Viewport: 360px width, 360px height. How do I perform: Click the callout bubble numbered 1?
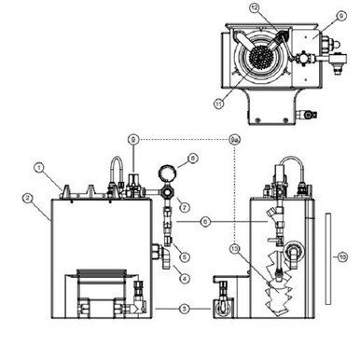tap(39, 168)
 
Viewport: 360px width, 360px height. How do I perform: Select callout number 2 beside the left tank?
tap(29, 198)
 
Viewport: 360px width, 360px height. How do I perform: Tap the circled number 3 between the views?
tap(184, 307)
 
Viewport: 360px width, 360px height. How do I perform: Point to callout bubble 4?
tap(185, 277)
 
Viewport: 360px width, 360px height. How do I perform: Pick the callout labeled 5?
tap(185, 256)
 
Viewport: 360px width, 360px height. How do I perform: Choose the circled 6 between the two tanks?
tap(204, 221)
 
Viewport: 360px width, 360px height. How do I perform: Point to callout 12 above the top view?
tap(253, 7)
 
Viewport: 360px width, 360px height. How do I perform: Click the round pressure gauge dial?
tap(165, 174)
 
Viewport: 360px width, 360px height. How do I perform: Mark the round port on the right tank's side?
tap(298, 250)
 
